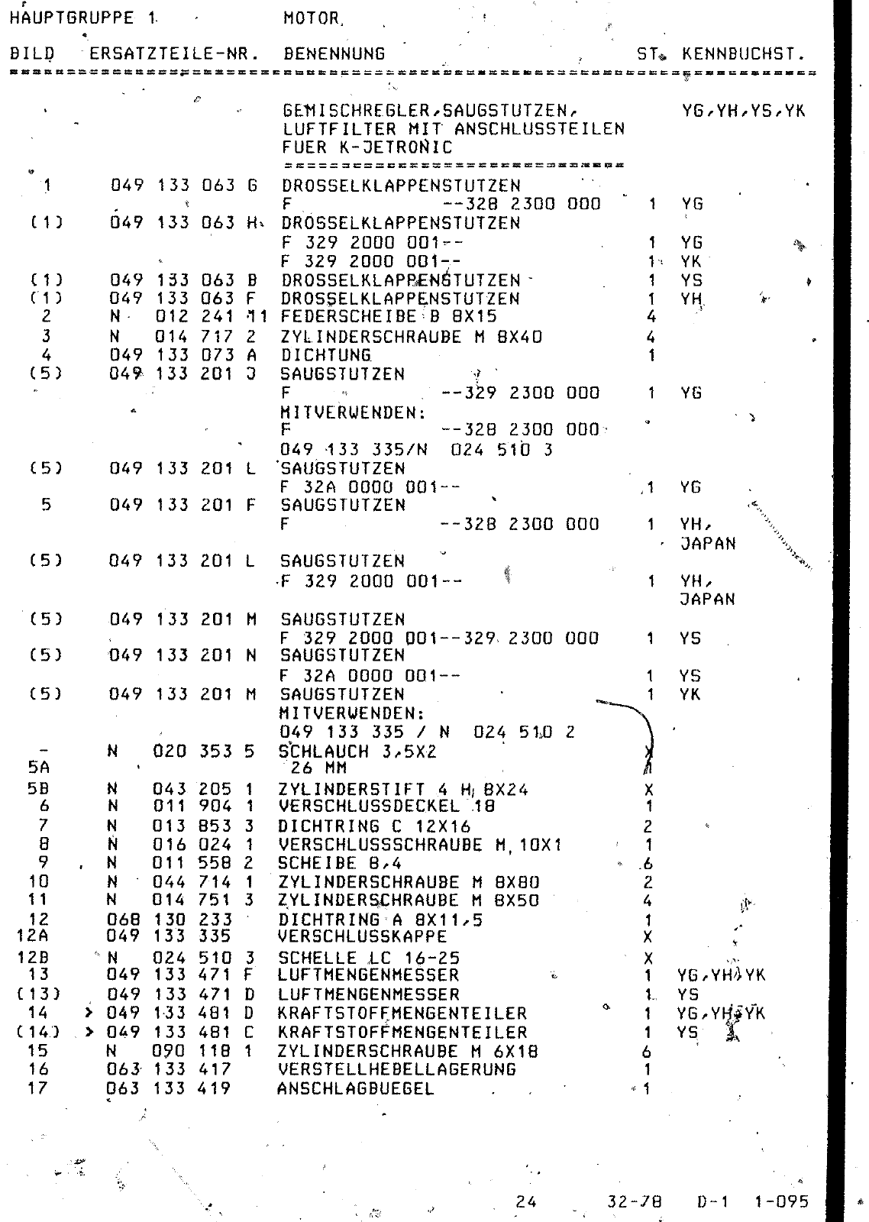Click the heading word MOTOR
[x=313, y=18]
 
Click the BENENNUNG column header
[x=334, y=54]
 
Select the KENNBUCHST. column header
[x=743, y=54]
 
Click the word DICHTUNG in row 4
[x=326, y=355]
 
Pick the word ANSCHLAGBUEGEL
[x=355, y=1088]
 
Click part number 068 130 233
[x=170, y=920]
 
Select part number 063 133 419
[x=170, y=1088]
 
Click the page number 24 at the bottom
[x=525, y=1201]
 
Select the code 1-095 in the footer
[x=780, y=1201]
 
